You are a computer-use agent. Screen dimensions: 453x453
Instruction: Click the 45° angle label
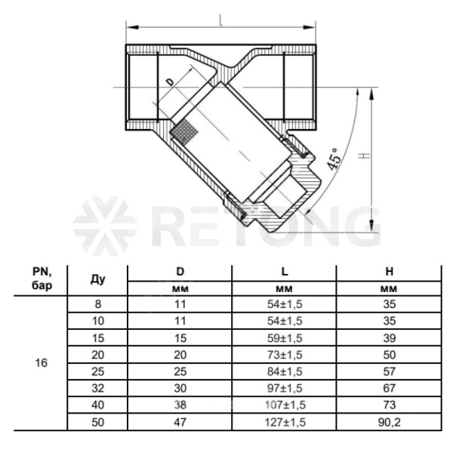pyautogui.click(x=334, y=159)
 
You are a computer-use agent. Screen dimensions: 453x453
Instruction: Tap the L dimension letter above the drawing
pyautogui.click(x=221, y=20)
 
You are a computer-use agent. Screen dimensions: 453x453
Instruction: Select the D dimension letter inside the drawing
pyautogui.click(x=171, y=82)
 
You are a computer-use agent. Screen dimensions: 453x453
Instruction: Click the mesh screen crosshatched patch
pyautogui.click(x=185, y=131)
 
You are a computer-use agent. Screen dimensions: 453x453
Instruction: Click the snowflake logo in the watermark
pyautogui.click(x=105, y=226)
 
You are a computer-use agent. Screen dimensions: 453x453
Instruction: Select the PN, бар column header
pyautogui.click(x=42, y=279)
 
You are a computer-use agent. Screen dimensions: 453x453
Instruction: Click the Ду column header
pyautogui.click(x=97, y=279)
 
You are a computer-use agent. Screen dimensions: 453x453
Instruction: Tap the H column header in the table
pyautogui.click(x=390, y=272)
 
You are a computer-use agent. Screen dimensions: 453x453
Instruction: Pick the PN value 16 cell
pyautogui.click(x=41, y=363)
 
